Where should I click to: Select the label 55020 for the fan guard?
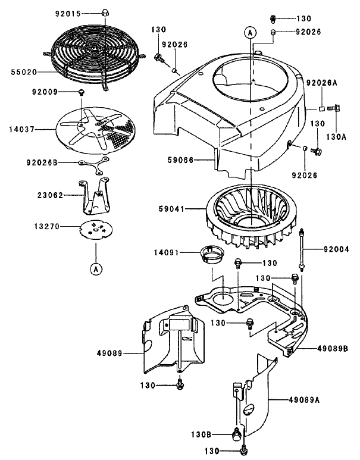[23, 72]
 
